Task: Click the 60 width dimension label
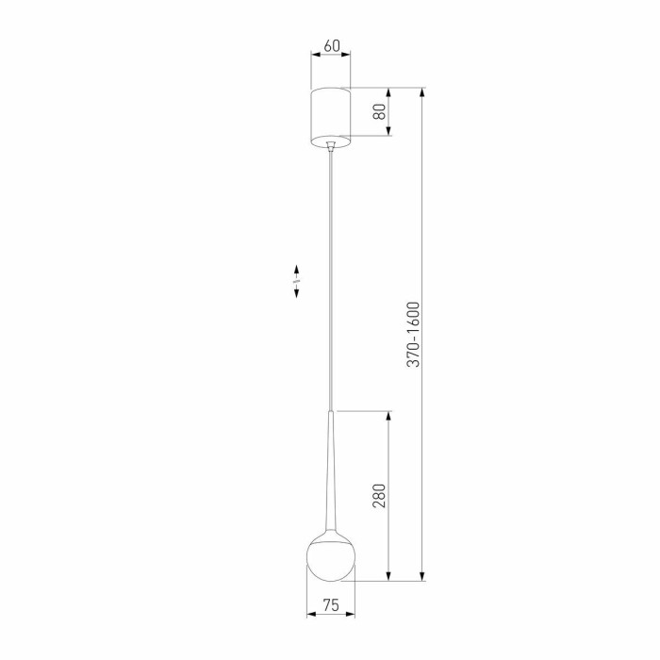[330, 45]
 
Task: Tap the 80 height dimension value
[379, 112]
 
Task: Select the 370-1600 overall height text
[412, 334]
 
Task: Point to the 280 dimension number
[379, 496]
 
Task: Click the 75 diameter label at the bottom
[330, 605]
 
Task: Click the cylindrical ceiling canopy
[330, 117]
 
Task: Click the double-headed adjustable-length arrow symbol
[296, 282]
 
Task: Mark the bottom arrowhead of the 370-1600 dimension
[422, 576]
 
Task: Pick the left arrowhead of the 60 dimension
[316, 55]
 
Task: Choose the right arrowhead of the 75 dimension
[351, 616]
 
